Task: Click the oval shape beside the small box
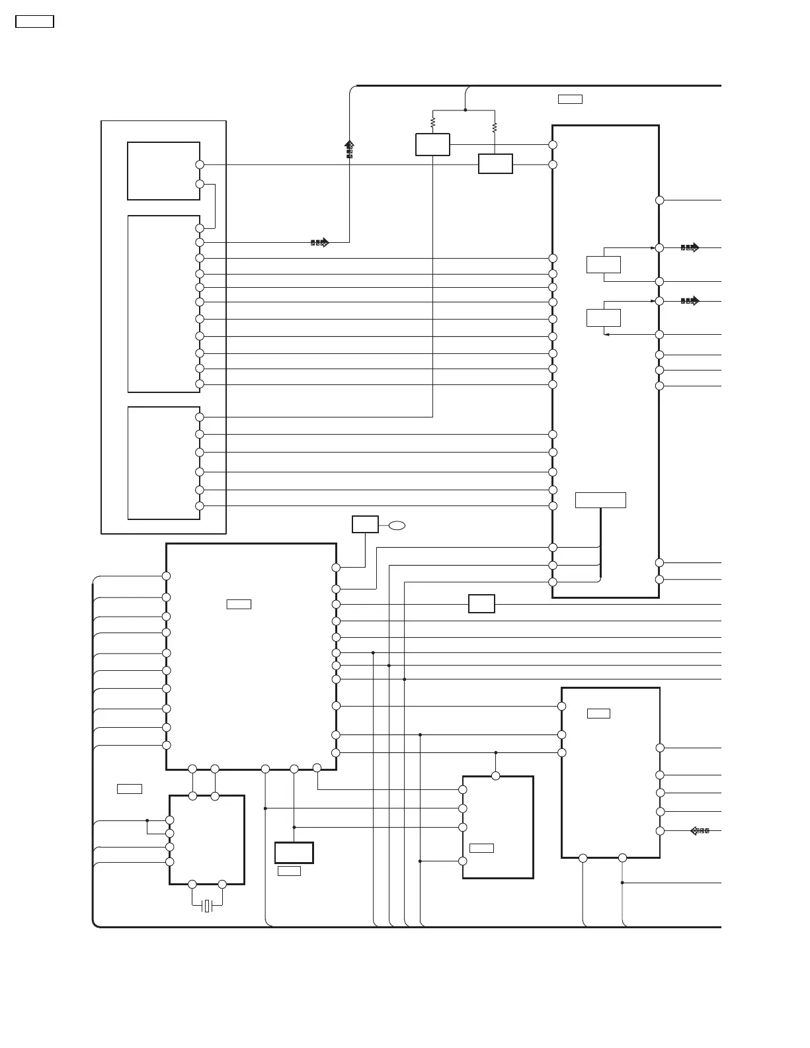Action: click(397, 525)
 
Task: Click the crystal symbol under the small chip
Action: click(207, 905)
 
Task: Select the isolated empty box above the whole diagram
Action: click(34, 21)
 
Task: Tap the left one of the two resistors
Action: click(432, 122)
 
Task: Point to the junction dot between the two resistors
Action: click(466, 110)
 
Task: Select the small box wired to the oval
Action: click(365, 524)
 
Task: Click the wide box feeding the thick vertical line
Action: click(600, 500)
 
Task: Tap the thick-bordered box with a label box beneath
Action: click(294, 852)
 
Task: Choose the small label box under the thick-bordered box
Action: click(289, 871)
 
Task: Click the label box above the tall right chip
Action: click(570, 99)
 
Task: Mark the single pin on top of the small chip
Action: click(496, 775)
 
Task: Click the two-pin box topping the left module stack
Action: click(163, 171)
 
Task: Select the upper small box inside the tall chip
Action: click(603, 264)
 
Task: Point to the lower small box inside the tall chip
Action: click(603, 317)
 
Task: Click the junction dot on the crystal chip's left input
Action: click(147, 820)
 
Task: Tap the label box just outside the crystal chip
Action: click(129, 788)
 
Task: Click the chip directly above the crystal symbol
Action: click(206, 840)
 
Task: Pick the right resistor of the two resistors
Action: click(495, 128)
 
